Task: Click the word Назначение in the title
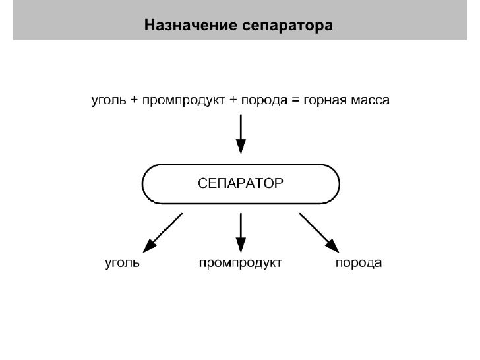[x=186, y=26]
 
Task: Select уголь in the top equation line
[x=109, y=101]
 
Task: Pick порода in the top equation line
[x=263, y=101]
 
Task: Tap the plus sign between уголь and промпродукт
[x=135, y=101]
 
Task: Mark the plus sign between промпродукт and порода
[x=234, y=101]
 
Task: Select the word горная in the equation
[x=324, y=101]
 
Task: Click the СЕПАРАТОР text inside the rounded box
[x=241, y=183]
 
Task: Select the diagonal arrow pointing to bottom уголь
[x=163, y=232]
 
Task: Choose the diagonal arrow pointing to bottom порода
[x=319, y=232]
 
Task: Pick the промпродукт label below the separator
[x=241, y=264]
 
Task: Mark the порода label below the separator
[x=359, y=264]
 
